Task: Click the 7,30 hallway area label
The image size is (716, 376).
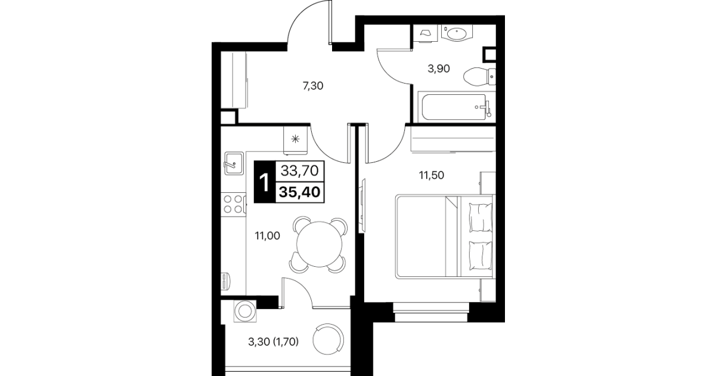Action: pyautogui.click(x=313, y=86)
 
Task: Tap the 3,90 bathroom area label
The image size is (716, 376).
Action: pyautogui.click(x=439, y=69)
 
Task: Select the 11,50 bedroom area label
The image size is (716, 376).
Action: pyautogui.click(x=431, y=175)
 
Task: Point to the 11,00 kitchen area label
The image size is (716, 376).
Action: pyautogui.click(x=267, y=236)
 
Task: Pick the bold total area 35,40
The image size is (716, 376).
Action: pyautogui.click(x=299, y=192)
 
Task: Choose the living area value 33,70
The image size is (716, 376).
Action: pyautogui.click(x=299, y=171)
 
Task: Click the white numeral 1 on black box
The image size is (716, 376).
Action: pyautogui.click(x=264, y=182)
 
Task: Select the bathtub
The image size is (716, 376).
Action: pyautogui.click(x=456, y=107)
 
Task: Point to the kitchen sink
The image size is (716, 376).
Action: pyautogui.click(x=234, y=163)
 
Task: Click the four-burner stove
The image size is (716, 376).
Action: pyautogui.click(x=233, y=205)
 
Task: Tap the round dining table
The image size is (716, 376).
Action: pyautogui.click(x=319, y=244)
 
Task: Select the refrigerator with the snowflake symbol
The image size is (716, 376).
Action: pyautogui.click(x=295, y=140)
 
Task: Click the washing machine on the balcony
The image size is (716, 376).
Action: pyautogui.click(x=245, y=311)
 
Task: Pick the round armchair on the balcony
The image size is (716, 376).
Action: pyautogui.click(x=328, y=340)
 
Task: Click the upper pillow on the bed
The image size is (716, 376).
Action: pyautogui.click(x=481, y=217)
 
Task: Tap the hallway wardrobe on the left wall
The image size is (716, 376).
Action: pyautogui.click(x=234, y=80)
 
